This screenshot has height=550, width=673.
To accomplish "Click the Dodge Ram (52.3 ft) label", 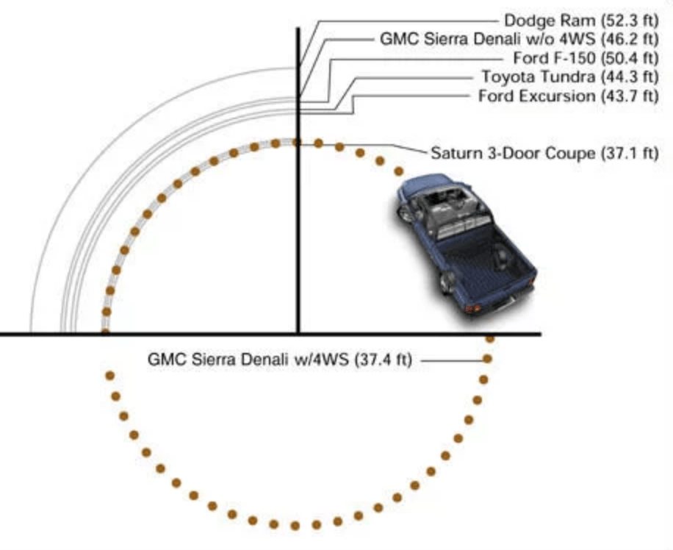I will coord(580,20).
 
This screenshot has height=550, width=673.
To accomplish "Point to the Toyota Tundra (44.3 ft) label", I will coord(569,76).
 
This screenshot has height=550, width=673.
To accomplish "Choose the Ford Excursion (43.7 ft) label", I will coord(568,96).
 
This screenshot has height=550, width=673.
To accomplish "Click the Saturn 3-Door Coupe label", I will coord(544,153).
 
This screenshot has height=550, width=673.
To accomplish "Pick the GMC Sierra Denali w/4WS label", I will coord(281,360).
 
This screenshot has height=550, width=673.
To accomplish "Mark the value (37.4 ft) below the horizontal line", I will coord(385,360).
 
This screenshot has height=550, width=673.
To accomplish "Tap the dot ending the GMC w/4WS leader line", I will coord(486,359).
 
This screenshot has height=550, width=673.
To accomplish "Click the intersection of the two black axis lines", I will coord(298,335).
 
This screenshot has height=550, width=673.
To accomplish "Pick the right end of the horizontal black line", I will coord(539,335).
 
